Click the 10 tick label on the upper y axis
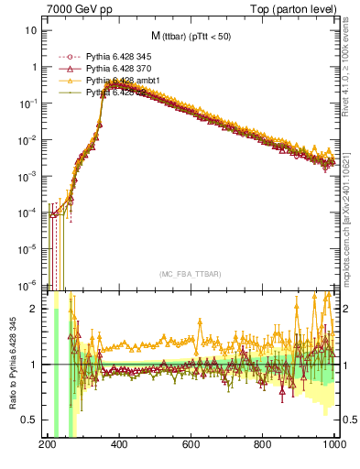pos(31,30)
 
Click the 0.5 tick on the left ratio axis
pos(30,420)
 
